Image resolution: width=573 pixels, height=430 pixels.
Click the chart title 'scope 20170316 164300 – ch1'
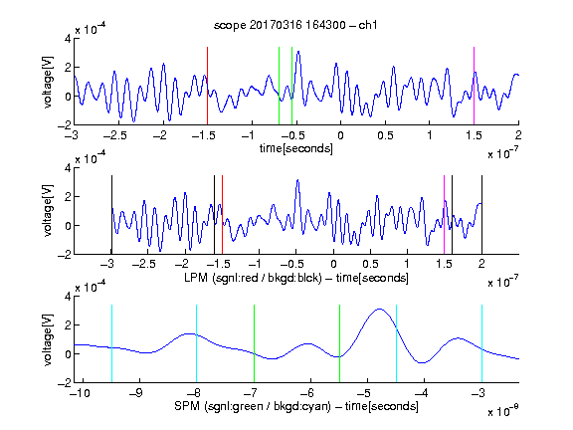click(295, 25)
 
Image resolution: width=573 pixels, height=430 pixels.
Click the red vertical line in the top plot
click(207, 86)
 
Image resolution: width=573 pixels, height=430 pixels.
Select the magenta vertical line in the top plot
click(474, 86)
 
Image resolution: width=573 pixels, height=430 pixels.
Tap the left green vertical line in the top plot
click(279, 86)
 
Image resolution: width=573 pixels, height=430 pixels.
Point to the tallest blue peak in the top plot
click(298, 52)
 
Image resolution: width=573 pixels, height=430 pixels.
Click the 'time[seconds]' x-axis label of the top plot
click(296, 148)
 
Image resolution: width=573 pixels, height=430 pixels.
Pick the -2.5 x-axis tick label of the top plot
click(115, 135)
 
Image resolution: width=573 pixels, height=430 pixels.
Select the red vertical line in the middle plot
click(222, 215)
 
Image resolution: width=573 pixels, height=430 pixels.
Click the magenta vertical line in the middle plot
click(444, 215)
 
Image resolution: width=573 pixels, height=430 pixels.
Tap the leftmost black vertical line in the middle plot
click(111, 215)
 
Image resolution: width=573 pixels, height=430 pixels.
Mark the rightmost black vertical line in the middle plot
click(481, 215)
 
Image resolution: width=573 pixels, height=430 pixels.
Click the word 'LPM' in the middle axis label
click(196, 278)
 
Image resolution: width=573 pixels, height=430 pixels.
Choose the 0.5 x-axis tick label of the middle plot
click(370, 264)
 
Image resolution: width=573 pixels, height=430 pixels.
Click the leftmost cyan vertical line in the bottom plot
click(111, 343)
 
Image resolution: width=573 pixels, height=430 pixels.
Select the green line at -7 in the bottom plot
click(254, 343)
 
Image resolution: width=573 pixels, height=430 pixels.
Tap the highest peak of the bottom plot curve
click(380, 310)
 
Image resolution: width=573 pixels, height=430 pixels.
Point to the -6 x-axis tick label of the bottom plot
click(309, 393)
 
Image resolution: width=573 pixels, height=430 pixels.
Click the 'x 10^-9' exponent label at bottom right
click(503, 411)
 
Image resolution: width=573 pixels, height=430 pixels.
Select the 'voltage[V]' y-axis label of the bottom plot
click(48, 339)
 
